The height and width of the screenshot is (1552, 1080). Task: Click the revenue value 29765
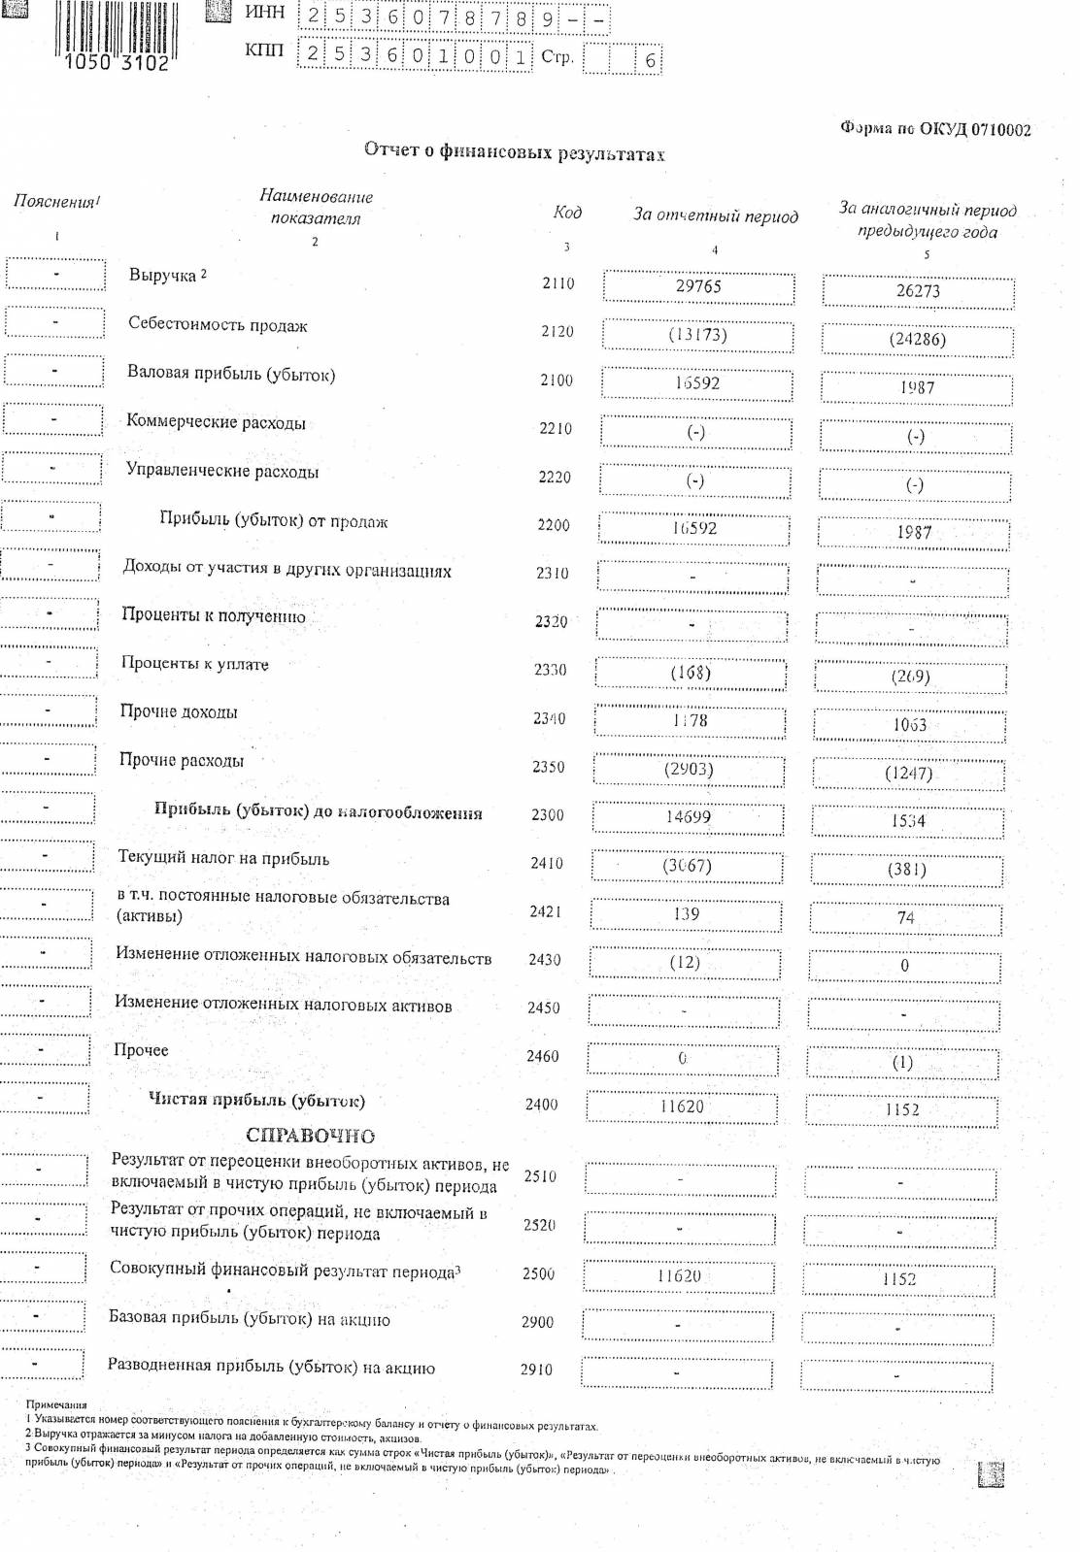(698, 286)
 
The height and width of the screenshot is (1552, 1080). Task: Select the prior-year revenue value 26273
(918, 291)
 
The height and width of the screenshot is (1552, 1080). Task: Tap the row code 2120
(557, 332)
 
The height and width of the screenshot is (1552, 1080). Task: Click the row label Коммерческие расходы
(216, 422)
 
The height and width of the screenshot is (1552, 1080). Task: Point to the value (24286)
(917, 340)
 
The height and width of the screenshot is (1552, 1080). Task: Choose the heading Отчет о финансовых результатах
(514, 151)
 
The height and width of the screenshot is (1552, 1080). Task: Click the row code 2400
(542, 1105)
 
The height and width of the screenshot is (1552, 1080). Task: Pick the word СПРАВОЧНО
(310, 1136)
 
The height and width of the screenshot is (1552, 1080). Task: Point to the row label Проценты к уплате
(194, 664)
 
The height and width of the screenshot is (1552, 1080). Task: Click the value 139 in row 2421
(686, 913)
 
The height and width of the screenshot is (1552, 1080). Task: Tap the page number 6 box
(650, 60)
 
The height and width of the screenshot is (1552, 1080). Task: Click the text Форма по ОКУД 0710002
(935, 130)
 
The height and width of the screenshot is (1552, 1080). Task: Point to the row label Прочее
(141, 1050)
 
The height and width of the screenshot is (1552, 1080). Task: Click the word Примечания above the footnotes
(56, 1404)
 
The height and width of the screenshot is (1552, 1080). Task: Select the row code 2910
(536, 1370)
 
